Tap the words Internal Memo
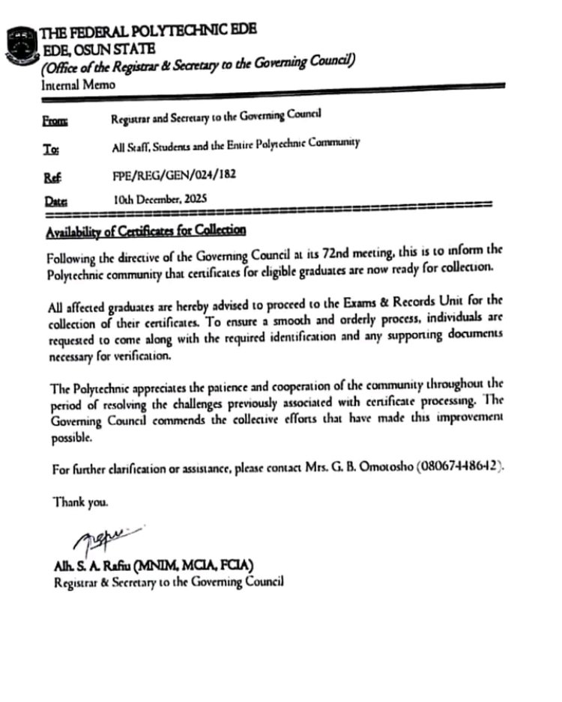(x=78, y=85)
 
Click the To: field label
(x=52, y=147)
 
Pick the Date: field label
(x=55, y=201)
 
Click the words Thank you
(x=80, y=502)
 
